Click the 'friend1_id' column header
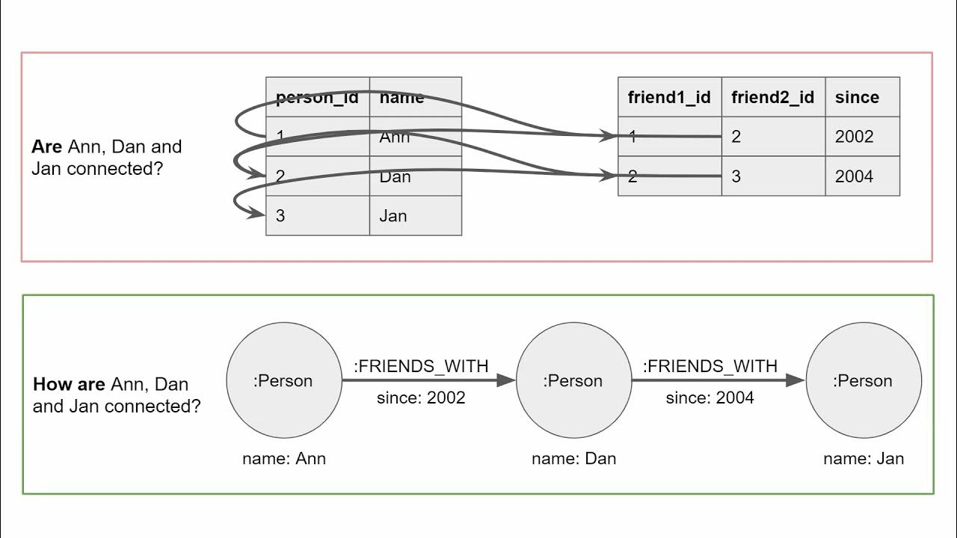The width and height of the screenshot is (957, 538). [x=669, y=97]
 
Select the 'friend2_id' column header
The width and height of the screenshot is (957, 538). [x=773, y=97]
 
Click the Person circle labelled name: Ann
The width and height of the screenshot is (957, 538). [x=283, y=381]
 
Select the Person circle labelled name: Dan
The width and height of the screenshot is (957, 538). [x=573, y=381]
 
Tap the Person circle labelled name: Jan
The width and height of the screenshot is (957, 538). [x=863, y=381]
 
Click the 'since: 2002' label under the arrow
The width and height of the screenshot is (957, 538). [x=421, y=398]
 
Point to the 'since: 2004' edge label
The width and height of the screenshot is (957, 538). [x=710, y=398]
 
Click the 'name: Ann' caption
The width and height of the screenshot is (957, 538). [x=284, y=458]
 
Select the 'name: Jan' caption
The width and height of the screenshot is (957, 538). [x=864, y=458]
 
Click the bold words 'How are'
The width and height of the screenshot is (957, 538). [x=69, y=385]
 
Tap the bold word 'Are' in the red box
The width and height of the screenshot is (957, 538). [x=46, y=146]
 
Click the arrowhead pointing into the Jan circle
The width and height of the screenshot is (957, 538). [x=796, y=381]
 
